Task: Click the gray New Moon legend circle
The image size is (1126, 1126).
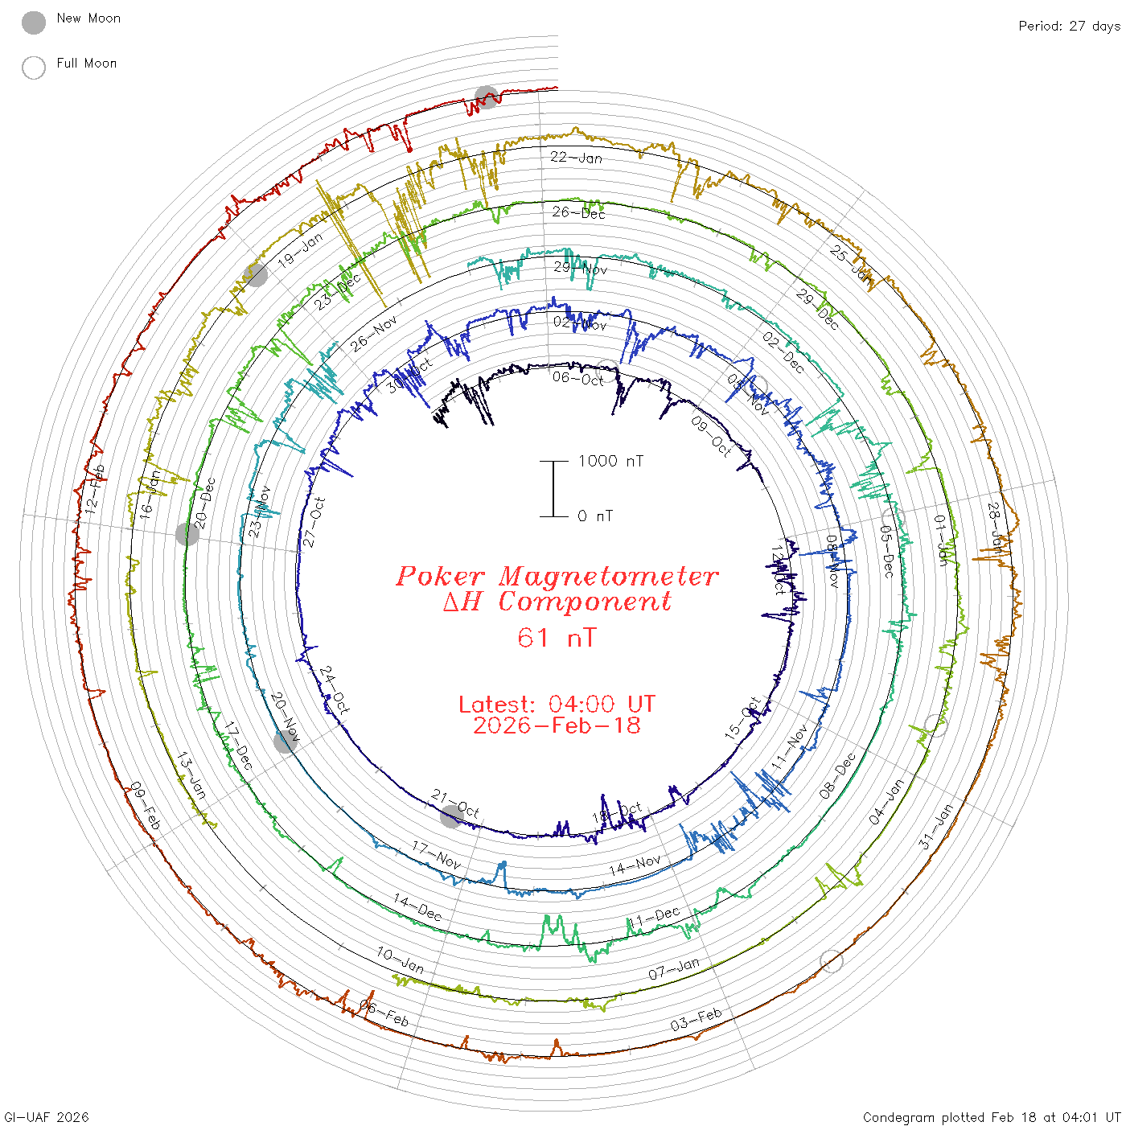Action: pyautogui.click(x=34, y=23)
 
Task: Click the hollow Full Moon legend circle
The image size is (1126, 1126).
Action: pyautogui.click(x=34, y=68)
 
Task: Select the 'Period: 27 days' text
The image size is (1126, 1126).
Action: pyautogui.click(x=1069, y=27)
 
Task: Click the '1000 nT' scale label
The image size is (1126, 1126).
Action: pyautogui.click(x=610, y=461)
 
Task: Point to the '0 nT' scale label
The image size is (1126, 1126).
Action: pyautogui.click(x=594, y=516)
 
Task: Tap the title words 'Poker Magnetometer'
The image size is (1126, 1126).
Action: pyautogui.click(x=557, y=576)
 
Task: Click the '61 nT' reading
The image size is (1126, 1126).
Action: pyautogui.click(x=557, y=639)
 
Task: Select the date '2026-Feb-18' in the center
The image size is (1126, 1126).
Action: pyautogui.click(x=557, y=726)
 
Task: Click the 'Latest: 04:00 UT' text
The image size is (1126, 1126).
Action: pyautogui.click(x=557, y=705)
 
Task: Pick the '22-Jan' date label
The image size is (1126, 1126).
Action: pyautogui.click(x=576, y=158)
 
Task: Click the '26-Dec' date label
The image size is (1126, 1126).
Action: pyautogui.click(x=578, y=212)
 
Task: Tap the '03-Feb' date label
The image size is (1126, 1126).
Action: pyautogui.click(x=696, y=1020)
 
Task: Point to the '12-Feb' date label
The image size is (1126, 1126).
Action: pyautogui.click(x=95, y=490)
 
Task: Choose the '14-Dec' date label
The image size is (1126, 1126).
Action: pyautogui.click(x=417, y=907)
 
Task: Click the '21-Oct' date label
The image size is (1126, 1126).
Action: pyautogui.click(x=455, y=803)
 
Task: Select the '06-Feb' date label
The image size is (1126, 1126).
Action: pyautogui.click(x=384, y=1014)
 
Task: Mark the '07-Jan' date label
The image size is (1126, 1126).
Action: pyautogui.click(x=674, y=969)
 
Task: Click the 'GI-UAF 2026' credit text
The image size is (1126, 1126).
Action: pyautogui.click(x=46, y=1117)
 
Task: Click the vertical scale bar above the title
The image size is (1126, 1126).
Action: pyautogui.click(x=553, y=489)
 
